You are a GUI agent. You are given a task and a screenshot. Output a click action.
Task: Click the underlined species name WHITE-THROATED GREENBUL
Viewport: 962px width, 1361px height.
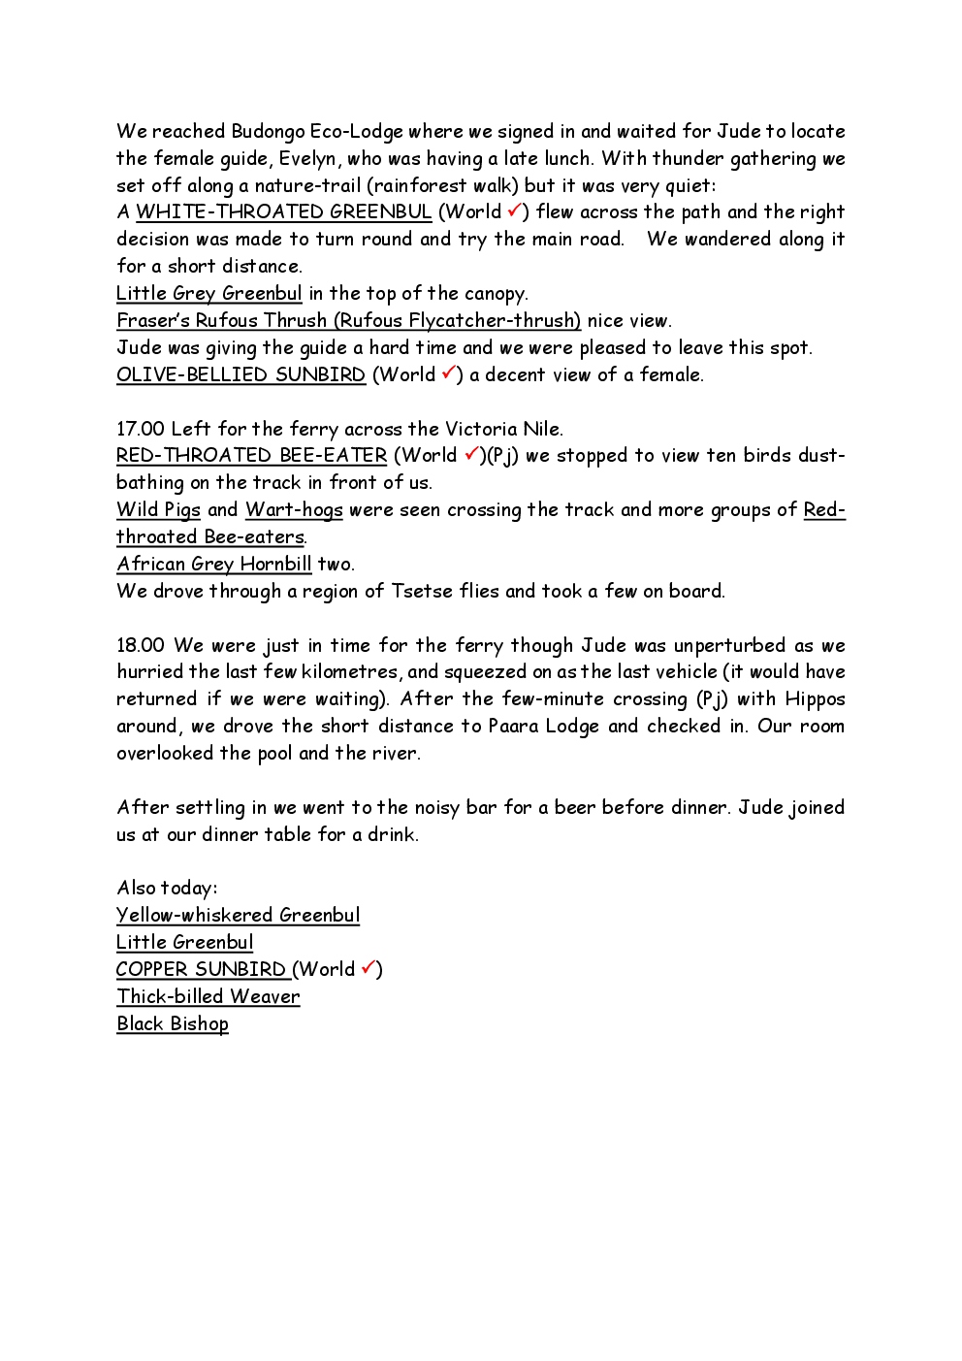coord(283,212)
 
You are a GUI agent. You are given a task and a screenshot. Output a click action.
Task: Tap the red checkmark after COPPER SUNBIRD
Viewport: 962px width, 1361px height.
coord(369,968)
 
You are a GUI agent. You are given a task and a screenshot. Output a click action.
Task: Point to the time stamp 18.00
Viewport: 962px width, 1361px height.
coord(141,645)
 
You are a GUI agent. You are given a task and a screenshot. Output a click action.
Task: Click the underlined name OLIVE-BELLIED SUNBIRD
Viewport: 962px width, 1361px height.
coord(240,375)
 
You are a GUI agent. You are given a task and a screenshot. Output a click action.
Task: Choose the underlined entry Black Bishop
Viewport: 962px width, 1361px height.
coord(173,1023)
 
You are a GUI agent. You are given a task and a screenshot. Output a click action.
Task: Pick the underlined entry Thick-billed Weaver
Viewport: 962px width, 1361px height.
coord(208,996)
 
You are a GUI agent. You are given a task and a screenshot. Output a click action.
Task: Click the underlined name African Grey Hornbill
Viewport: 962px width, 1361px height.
coord(214,564)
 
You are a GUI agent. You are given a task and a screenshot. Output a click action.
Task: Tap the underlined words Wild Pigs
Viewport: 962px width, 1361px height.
coord(158,510)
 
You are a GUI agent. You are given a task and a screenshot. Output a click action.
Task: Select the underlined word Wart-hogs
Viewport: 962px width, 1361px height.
coord(294,510)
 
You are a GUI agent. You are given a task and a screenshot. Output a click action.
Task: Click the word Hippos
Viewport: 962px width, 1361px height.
coord(815,699)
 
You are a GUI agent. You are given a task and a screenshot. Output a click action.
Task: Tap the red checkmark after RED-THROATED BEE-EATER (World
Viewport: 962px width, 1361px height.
coord(471,454)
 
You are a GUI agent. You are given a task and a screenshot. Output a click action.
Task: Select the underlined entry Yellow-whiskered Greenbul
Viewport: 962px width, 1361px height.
coord(238,915)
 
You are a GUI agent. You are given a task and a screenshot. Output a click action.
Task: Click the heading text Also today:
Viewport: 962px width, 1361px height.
coord(167,888)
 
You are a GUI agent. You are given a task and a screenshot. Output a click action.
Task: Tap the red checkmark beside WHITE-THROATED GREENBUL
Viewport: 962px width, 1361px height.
coord(514,211)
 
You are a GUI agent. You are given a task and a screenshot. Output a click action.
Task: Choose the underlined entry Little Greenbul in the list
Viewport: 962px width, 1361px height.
coord(184,942)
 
